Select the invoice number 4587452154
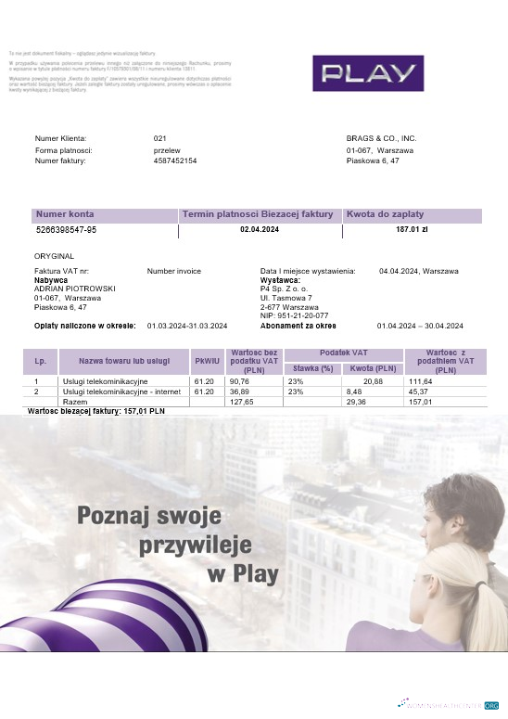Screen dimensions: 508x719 tap(175, 161)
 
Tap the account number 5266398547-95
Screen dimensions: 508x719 tap(66, 229)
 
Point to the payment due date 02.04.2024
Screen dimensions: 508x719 tap(260, 229)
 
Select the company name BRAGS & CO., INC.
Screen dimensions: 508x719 tap(381, 138)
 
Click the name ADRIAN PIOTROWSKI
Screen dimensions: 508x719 tap(75, 289)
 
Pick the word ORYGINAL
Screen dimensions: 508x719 tap(54, 256)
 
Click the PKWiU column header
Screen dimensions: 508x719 tap(205, 361)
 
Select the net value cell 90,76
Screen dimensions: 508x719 tap(240, 381)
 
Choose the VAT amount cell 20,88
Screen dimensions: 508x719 tap(373, 381)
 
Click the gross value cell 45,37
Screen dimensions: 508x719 tap(420, 392)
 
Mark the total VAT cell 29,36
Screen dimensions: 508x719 tap(356, 402)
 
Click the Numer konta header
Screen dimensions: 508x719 tap(65, 214)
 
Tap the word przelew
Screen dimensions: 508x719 tap(167, 150)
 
